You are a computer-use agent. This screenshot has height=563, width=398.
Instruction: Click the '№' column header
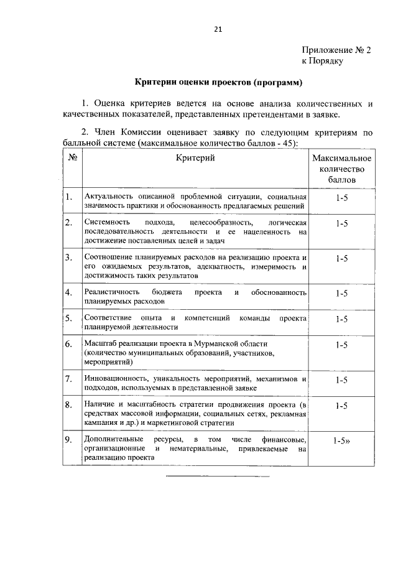click(72, 158)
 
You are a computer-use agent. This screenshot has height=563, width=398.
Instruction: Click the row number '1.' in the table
click(69, 197)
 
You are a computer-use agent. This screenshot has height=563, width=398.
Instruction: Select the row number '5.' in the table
click(69, 319)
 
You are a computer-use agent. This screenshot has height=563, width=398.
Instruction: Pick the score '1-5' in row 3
click(341, 258)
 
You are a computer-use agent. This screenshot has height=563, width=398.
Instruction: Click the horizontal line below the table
click(217, 477)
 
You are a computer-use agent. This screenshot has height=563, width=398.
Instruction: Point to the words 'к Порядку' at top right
click(323, 61)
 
